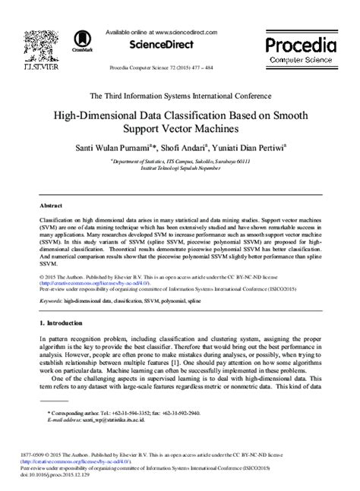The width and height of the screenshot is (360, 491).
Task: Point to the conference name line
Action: pos(180,96)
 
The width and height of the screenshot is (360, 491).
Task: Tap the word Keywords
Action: pos(51,301)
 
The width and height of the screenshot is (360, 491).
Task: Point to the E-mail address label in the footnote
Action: pos(67,419)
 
